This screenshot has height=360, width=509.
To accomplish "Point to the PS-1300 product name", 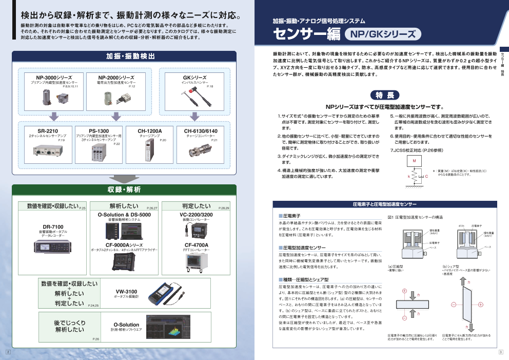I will point(99,131).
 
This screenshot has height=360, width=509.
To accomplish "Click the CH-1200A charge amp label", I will point(149,131).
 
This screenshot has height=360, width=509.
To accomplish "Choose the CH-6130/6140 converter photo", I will point(201,151).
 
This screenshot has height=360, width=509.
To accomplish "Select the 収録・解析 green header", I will point(124,190).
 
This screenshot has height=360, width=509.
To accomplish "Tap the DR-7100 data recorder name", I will point(53,226).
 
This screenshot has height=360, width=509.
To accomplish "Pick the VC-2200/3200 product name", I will point(195,215).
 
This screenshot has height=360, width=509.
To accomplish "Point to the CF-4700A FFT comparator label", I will point(195,245).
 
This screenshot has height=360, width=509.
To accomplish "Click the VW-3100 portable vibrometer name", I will point(126,292).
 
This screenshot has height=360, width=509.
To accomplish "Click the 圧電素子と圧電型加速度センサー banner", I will point(384,204).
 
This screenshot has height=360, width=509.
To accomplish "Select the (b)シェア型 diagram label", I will point(451,266).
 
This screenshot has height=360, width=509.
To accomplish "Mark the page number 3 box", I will point(500,352).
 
